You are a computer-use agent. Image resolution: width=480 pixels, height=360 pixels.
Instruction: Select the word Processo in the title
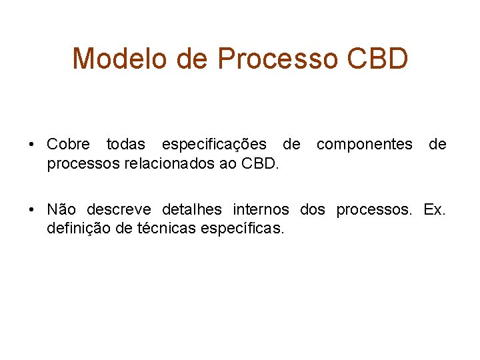(x=276, y=59)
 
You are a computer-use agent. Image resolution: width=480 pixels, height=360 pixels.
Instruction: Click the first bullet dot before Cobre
(x=32, y=145)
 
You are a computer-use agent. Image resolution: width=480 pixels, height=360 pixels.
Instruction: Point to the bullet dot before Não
(x=32, y=210)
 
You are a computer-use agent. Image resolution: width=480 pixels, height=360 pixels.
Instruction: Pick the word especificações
(x=213, y=145)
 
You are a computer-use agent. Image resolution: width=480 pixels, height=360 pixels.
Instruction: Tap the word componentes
(x=364, y=145)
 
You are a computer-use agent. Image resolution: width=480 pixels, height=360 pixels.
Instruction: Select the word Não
(x=62, y=210)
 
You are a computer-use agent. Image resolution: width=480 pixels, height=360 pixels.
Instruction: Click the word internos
(x=261, y=210)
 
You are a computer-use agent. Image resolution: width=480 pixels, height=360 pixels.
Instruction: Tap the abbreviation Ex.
(x=435, y=210)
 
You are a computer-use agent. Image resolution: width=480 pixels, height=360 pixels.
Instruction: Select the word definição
(x=75, y=229)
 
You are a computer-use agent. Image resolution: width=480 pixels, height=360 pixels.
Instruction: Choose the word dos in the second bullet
(x=313, y=210)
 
